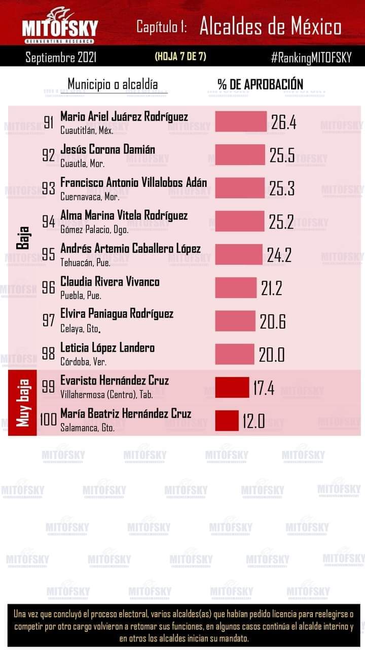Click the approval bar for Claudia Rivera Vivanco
click(236, 288)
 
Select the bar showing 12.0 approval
click(227, 420)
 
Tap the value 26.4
click(283, 122)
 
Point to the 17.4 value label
click(264, 388)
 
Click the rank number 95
click(49, 254)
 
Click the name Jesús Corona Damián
click(107, 149)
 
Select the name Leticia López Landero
click(107, 348)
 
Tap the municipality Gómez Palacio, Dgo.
click(94, 230)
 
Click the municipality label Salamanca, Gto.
click(87, 428)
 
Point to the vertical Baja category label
click(22, 238)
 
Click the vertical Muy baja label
click(22, 403)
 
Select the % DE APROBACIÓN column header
click(260, 84)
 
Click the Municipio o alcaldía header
click(113, 84)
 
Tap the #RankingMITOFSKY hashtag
click(311, 57)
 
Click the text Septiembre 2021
click(61, 57)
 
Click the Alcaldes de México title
click(270, 27)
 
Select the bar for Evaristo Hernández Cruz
click(232, 387)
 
